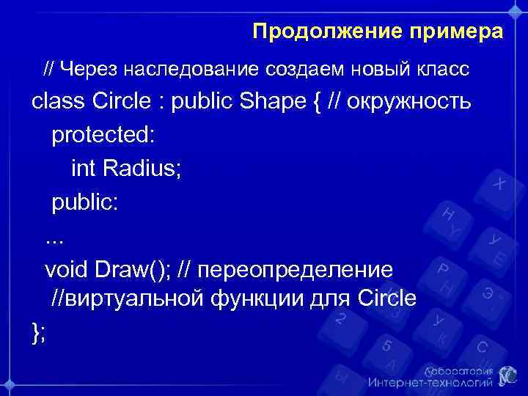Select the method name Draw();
132,269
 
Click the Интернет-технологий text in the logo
428,382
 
